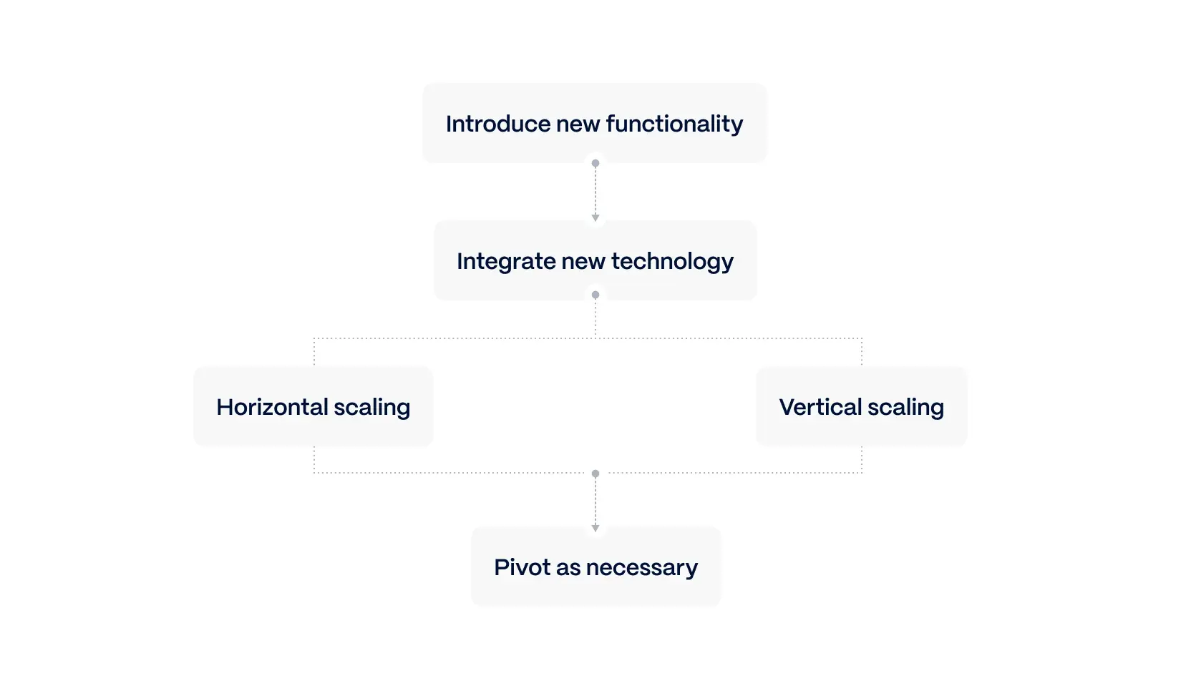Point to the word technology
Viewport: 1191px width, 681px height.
point(672,262)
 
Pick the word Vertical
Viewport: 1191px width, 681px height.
point(820,407)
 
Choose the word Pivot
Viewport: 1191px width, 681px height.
point(522,567)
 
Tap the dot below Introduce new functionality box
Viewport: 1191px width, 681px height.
point(595,163)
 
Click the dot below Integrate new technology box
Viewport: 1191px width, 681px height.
point(595,295)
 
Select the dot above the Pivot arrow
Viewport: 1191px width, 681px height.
point(595,474)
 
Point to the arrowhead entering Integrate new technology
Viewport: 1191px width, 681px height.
point(595,217)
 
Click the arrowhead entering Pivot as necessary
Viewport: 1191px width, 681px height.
point(595,528)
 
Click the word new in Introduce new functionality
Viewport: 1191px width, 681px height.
point(578,124)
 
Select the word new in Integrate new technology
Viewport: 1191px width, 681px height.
point(583,262)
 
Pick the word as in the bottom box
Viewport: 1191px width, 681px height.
point(568,568)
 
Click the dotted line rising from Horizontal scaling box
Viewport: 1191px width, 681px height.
point(314,352)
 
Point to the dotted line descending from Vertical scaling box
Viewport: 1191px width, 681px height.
point(862,459)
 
